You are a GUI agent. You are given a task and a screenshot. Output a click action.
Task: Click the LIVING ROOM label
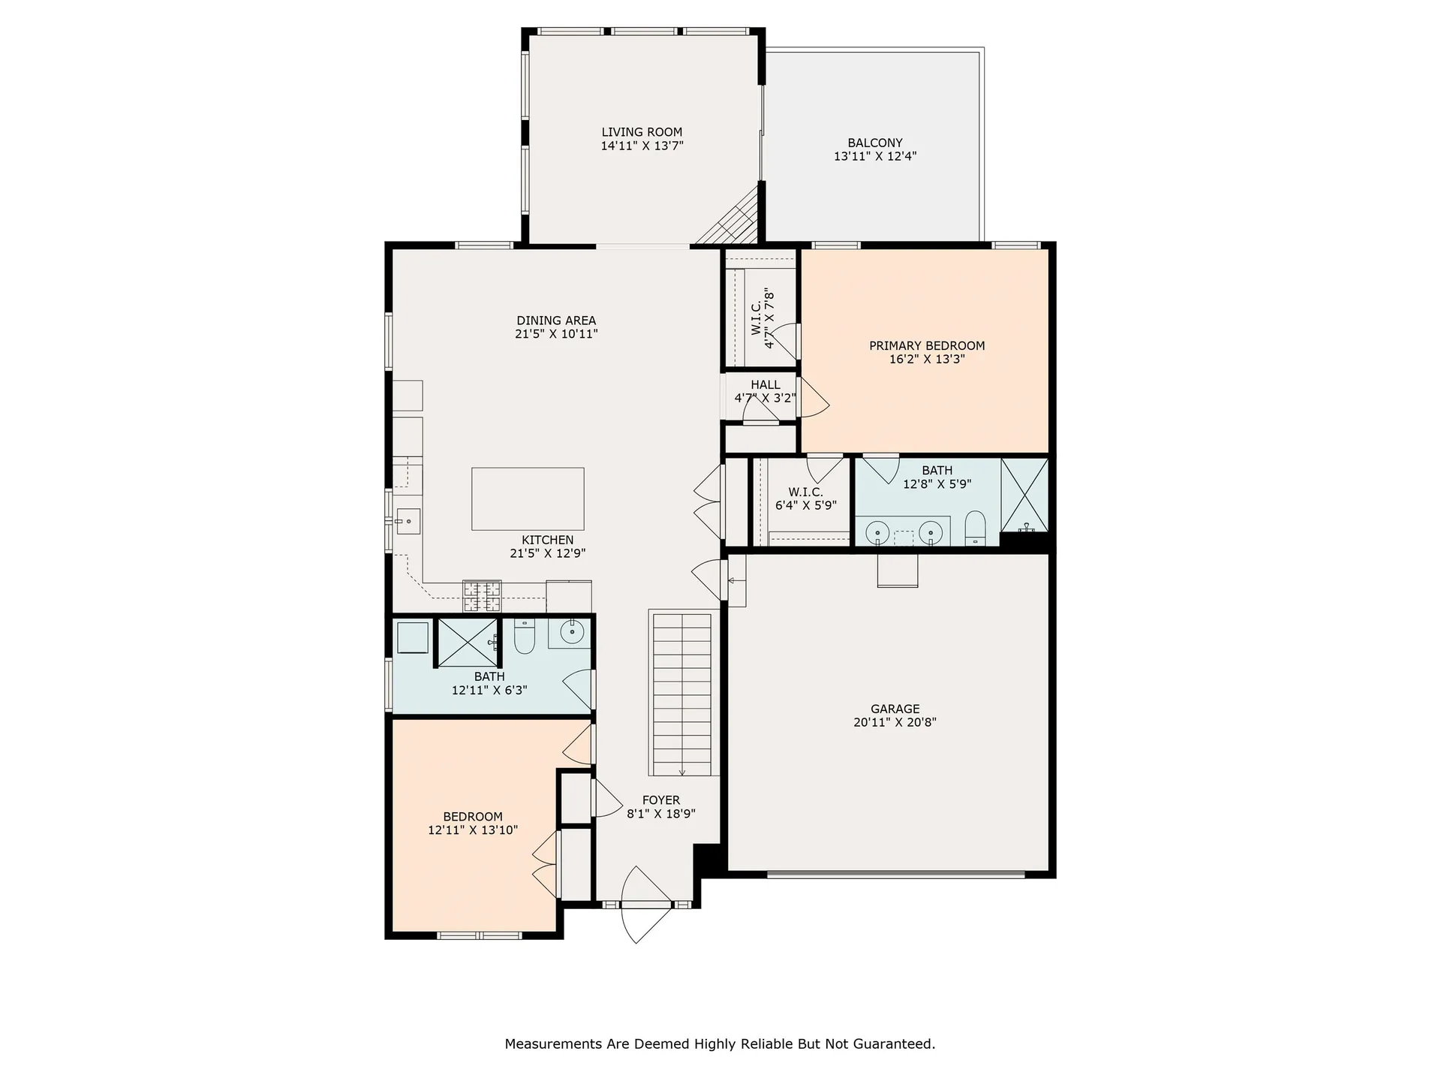(x=642, y=132)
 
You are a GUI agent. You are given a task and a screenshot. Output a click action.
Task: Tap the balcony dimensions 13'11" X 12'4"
(x=875, y=157)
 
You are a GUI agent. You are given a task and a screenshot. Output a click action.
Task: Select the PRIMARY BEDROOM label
(x=927, y=345)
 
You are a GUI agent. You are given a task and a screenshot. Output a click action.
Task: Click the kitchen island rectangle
(x=528, y=498)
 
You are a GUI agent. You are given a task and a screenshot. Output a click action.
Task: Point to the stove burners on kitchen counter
(x=482, y=595)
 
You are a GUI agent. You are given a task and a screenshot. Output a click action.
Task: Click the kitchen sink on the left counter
(x=408, y=520)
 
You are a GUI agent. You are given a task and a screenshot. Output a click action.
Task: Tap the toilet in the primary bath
(x=975, y=528)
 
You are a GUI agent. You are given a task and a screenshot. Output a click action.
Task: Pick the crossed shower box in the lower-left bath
(x=467, y=642)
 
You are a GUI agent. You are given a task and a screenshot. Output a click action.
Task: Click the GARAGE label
(x=895, y=709)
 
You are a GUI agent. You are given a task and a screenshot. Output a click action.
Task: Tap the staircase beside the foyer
(x=681, y=694)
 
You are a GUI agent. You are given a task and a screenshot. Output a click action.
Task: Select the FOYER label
(x=661, y=800)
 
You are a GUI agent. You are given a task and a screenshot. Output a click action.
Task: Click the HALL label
(x=765, y=384)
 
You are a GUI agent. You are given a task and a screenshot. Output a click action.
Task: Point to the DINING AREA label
(x=556, y=321)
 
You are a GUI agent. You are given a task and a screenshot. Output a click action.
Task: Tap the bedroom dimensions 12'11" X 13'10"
(x=473, y=830)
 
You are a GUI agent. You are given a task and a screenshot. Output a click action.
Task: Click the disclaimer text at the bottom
(x=720, y=1043)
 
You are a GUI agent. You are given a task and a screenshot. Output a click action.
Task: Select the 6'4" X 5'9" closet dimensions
(x=805, y=506)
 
